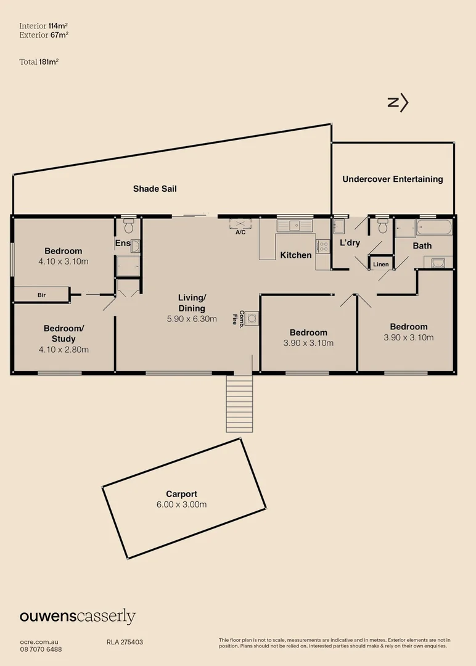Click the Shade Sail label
pos(155,189)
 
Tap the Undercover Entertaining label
pos(393,179)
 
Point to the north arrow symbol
pos(398,104)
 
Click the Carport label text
pos(181,494)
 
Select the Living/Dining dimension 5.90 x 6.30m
pos(192,319)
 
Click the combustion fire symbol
pos(252,318)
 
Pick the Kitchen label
pos(296,255)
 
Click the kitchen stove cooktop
pos(322,247)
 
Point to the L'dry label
pos(350,243)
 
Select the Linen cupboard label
pos(380,265)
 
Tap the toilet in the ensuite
pos(128,226)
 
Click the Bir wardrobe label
pos(41,295)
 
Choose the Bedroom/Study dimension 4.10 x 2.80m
pos(64,350)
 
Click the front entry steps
pos(239,404)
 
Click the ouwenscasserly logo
pos(78,617)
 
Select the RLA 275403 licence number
pos(125,642)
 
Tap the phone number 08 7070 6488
pos(41,649)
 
